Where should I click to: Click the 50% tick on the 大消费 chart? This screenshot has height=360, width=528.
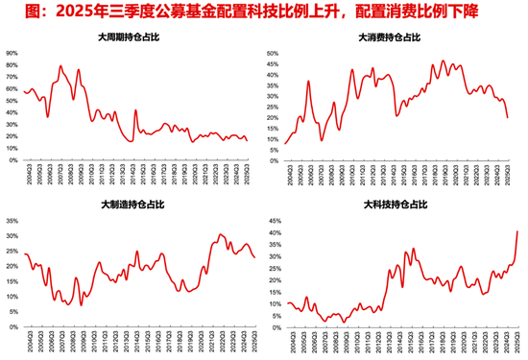(x=272, y=54)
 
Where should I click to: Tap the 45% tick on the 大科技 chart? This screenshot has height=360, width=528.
(x=272, y=220)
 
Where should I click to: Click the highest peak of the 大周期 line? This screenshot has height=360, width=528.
(x=60, y=66)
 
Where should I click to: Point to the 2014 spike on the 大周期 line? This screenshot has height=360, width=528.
(x=135, y=110)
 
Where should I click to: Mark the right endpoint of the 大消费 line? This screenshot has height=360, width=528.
(x=507, y=117)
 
